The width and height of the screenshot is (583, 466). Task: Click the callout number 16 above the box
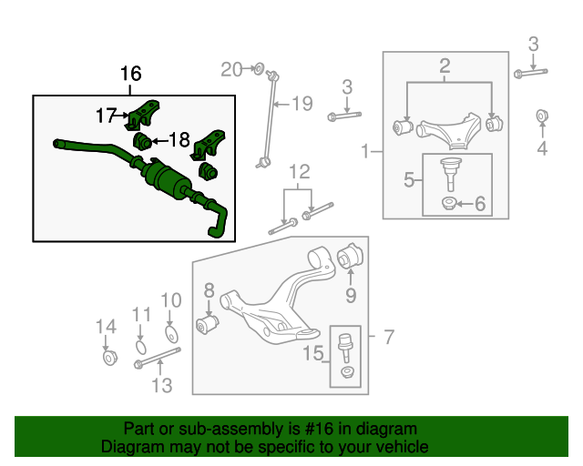(x=131, y=74)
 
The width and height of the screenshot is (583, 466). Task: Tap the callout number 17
(x=107, y=116)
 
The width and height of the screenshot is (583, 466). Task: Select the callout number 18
(x=179, y=140)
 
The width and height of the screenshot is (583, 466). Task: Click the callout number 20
(x=231, y=69)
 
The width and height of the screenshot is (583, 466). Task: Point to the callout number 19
(x=302, y=103)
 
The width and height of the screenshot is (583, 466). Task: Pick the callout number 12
(x=300, y=171)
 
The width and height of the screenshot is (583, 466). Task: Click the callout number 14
(x=107, y=327)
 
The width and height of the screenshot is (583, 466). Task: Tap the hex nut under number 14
(x=107, y=357)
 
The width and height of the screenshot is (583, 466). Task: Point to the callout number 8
(x=209, y=291)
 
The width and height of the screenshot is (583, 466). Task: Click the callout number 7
(x=389, y=339)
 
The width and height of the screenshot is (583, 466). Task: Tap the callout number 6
(x=480, y=203)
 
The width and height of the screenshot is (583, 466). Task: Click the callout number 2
(x=445, y=66)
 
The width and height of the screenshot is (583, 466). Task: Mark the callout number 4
(x=542, y=148)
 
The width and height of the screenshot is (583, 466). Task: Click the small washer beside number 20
(x=258, y=68)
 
